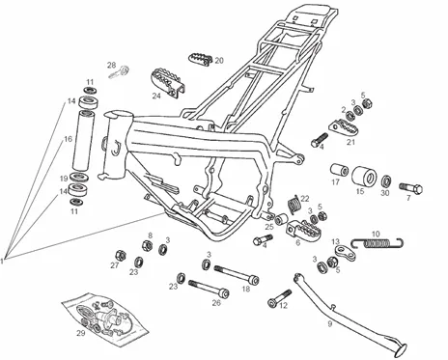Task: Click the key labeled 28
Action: (x=120, y=72)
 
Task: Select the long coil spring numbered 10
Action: (x=378, y=243)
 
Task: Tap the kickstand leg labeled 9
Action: (x=350, y=316)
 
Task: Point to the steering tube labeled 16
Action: (x=83, y=140)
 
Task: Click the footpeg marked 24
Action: (x=167, y=83)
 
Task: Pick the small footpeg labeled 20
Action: (x=200, y=59)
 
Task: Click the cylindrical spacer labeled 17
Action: (x=339, y=171)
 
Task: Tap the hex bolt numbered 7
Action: (x=411, y=188)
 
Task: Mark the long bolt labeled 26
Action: (x=210, y=289)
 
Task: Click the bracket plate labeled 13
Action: (x=346, y=253)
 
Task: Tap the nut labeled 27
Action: (x=121, y=255)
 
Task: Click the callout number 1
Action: (x=2, y=261)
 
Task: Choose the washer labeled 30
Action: (x=386, y=181)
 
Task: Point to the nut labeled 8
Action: (x=147, y=246)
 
